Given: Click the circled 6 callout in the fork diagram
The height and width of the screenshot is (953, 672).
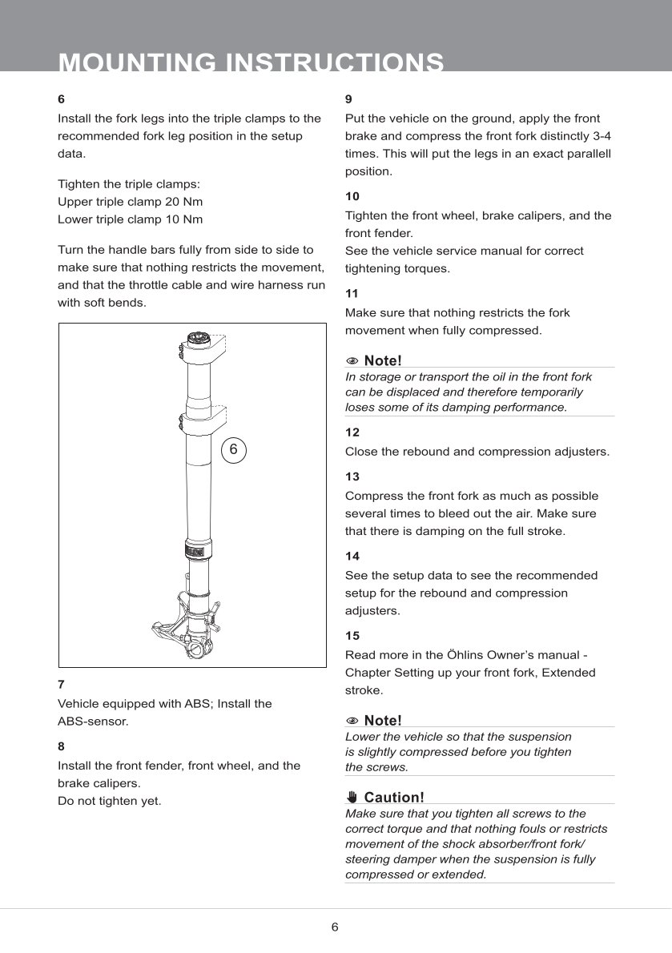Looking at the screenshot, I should [x=233, y=450].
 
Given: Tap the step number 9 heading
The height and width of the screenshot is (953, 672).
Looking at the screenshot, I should [x=348, y=99].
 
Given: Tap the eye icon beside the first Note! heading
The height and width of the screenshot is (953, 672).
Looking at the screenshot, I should [x=352, y=361].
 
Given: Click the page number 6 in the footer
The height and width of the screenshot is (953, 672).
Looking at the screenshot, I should [x=335, y=927].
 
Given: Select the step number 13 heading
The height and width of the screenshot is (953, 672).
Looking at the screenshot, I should [x=352, y=476].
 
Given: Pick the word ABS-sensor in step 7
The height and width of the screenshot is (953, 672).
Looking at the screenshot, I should [x=93, y=721].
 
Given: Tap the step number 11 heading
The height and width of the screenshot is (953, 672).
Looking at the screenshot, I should [x=352, y=293].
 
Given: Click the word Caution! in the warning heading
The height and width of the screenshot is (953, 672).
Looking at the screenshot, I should [x=394, y=797].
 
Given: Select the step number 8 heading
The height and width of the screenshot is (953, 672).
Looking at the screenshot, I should [x=62, y=746].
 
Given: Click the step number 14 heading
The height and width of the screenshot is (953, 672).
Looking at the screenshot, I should [x=352, y=556].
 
